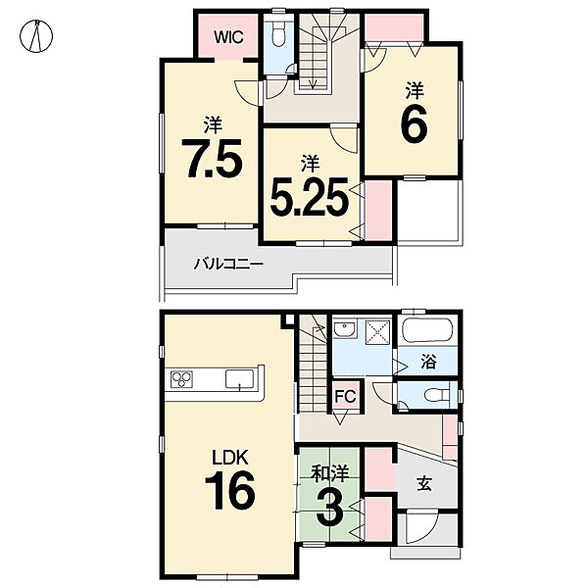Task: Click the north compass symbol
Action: (36, 36)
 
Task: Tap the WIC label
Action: (228, 37)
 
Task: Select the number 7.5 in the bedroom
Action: (214, 159)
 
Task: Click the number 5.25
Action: (310, 197)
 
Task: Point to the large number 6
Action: (414, 122)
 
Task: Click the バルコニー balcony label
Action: (228, 264)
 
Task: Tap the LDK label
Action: (230, 458)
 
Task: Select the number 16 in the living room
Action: (230, 490)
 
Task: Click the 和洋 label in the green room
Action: (330, 473)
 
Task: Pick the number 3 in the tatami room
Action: (329, 507)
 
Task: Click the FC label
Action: (345, 396)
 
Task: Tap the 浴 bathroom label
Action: (428, 362)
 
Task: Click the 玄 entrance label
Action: (424, 483)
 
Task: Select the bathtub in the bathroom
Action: (427, 330)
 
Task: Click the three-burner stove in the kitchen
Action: (181, 379)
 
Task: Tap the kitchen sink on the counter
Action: (239, 378)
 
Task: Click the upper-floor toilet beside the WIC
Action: (278, 34)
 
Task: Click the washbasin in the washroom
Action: (345, 329)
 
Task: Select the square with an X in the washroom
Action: (377, 329)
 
